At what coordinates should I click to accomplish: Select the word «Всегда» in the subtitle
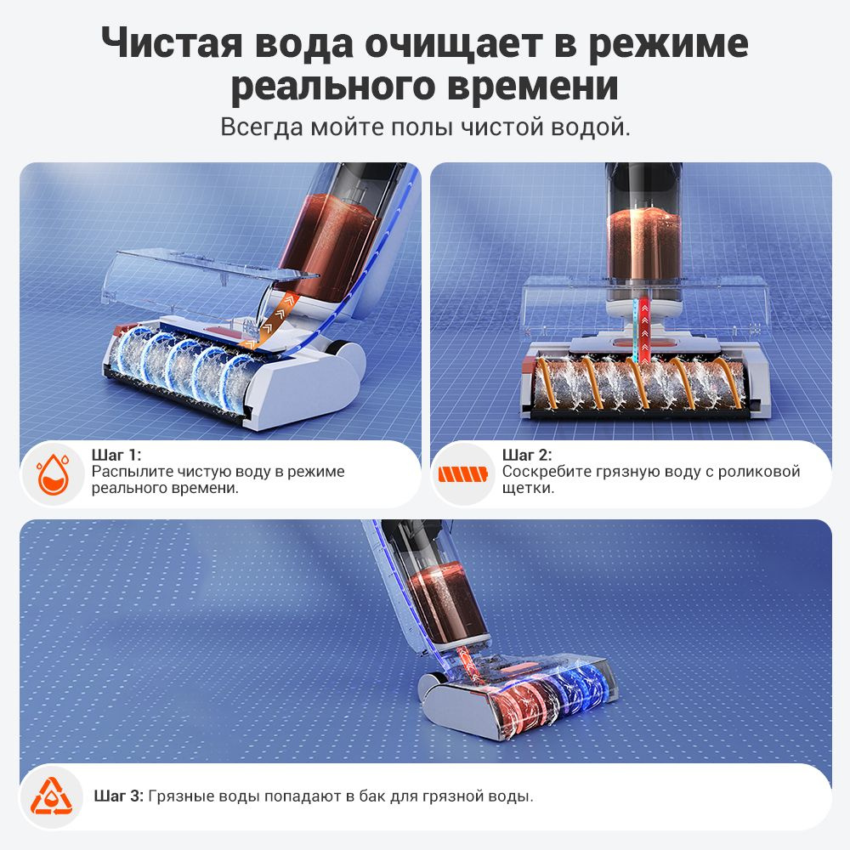tap(262, 127)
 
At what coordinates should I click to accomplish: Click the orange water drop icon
tap(53, 474)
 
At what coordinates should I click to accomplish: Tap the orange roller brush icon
tap(463, 474)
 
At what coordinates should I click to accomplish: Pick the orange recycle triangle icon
tap(51, 796)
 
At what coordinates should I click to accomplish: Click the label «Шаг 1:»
tap(116, 455)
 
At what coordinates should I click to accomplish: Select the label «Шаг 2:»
tap(527, 455)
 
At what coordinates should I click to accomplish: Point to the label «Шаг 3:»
tap(119, 796)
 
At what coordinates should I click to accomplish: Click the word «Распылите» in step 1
tap(133, 472)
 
